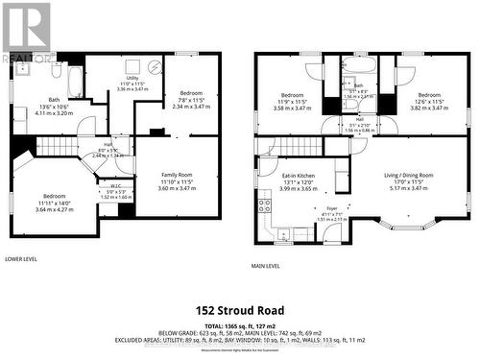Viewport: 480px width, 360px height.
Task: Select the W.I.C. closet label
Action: [x=115, y=186]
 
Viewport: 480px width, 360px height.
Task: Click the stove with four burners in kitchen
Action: [x=265, y=204]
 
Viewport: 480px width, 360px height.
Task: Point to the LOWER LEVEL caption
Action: [x=21, y=259]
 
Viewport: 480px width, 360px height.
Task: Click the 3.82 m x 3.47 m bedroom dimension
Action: [x=429, y=108]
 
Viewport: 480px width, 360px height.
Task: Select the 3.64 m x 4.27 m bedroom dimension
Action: [x=54, y=210]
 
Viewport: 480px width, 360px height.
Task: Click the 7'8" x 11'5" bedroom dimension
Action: [x=185, y=100]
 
